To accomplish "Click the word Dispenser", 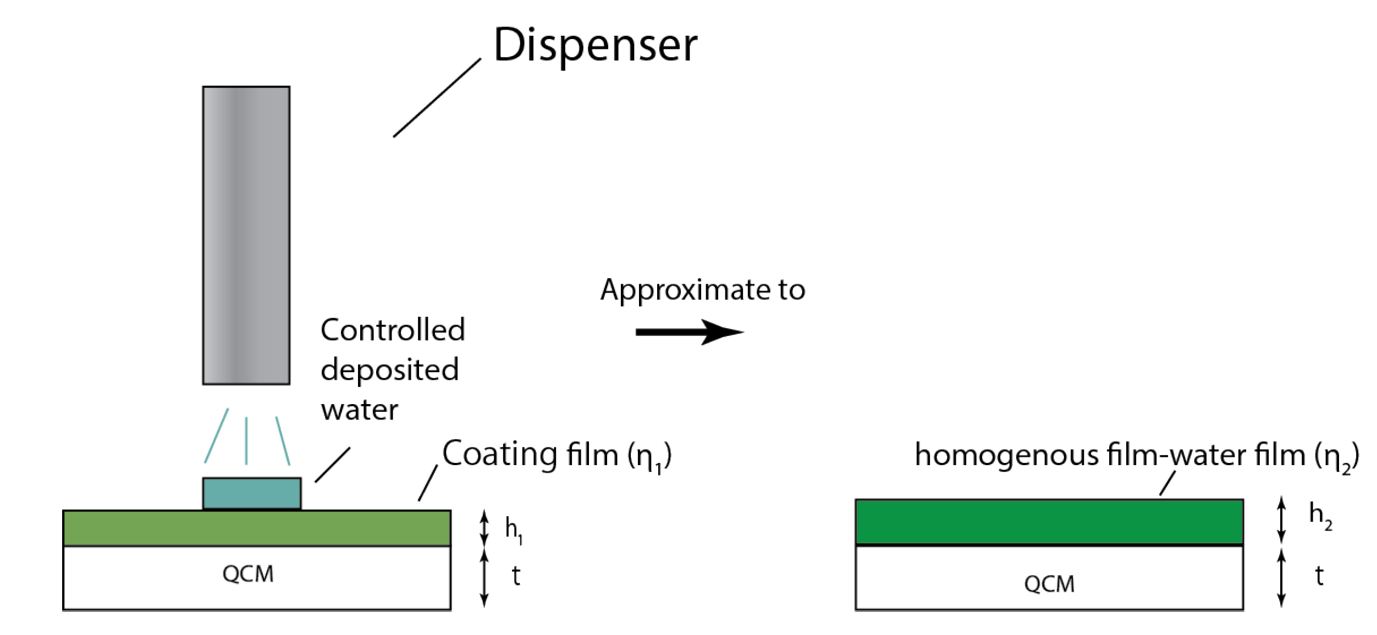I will [595, 45].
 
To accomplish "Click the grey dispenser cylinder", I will [246, 235].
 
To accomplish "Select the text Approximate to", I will [702, 290].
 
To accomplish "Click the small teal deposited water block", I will [251, 493].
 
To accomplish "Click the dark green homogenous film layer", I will [1049, 521].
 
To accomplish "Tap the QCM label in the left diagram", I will [247, 574].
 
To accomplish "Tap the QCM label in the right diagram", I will [1049, 584].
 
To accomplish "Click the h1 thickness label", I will [513, 530].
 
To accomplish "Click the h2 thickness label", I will [1320, 516].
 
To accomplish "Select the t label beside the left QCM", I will [515, 576].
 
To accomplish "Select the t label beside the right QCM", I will [1319, 576].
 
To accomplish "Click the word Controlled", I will [393, 330].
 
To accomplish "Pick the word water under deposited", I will [359, 410].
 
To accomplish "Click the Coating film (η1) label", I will [557, 455].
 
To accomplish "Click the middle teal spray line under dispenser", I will [246, 440].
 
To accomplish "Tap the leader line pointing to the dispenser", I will [437, 97].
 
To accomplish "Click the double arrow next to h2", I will [1281, 519].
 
